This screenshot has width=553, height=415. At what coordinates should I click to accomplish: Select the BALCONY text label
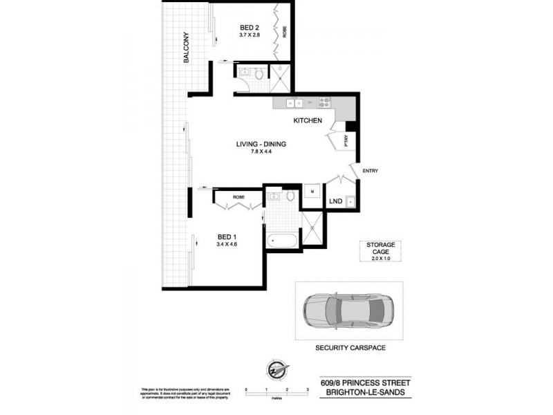pyautogui.click(x=187, y=48)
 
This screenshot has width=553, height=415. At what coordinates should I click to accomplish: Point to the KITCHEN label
pyautogui.click(x=308, y=121)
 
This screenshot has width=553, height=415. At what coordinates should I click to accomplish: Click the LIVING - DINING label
pyautogui.click(x=261, y=144)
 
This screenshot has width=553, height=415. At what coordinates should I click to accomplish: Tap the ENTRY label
pyautogui.click(x=369, y=171)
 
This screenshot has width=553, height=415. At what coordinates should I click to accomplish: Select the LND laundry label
pyautogui.click(x=335, y=201)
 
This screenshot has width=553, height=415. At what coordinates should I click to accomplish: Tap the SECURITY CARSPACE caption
pyautogui.click(x=350, y=348)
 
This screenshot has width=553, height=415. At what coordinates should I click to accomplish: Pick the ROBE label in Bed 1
pyautogui.click(x=238, y=197)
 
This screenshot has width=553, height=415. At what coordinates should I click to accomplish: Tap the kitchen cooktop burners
pyautogui.click(x=324, y=104)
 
